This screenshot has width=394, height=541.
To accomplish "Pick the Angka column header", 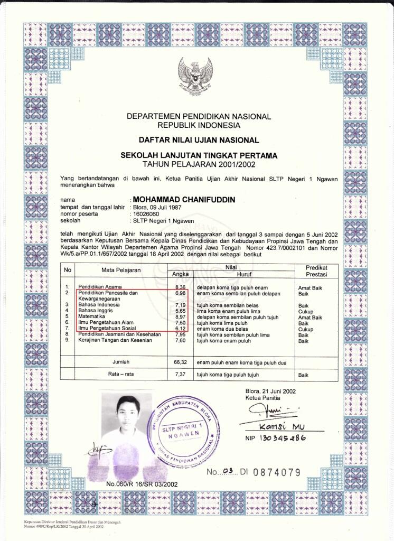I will [x=181, y=274].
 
